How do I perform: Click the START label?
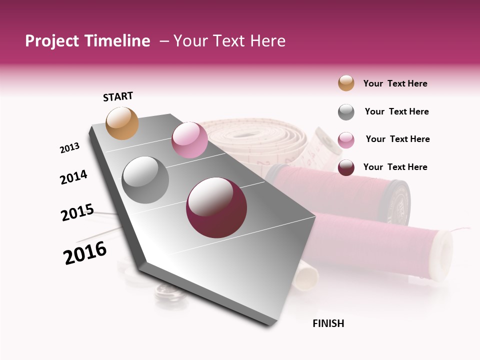(118, 96)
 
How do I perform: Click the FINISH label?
(328, 323)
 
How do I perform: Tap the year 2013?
(69, 148)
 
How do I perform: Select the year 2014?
(73, 177)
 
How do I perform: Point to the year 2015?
(77, 212)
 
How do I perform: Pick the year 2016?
(85, 253)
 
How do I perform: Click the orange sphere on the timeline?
(122, 123)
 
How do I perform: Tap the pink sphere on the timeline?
(189, 140)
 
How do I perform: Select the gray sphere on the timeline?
(145, 180)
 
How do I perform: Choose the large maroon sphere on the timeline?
(216, 207)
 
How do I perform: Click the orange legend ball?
(346, 83)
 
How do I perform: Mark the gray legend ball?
(346, 112)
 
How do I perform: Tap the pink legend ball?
(346, 140)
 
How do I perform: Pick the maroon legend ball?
(346, 167)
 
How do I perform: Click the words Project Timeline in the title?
(87, 41)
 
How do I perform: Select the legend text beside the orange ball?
(395, 83)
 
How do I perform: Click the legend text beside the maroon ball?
(395, 167)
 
